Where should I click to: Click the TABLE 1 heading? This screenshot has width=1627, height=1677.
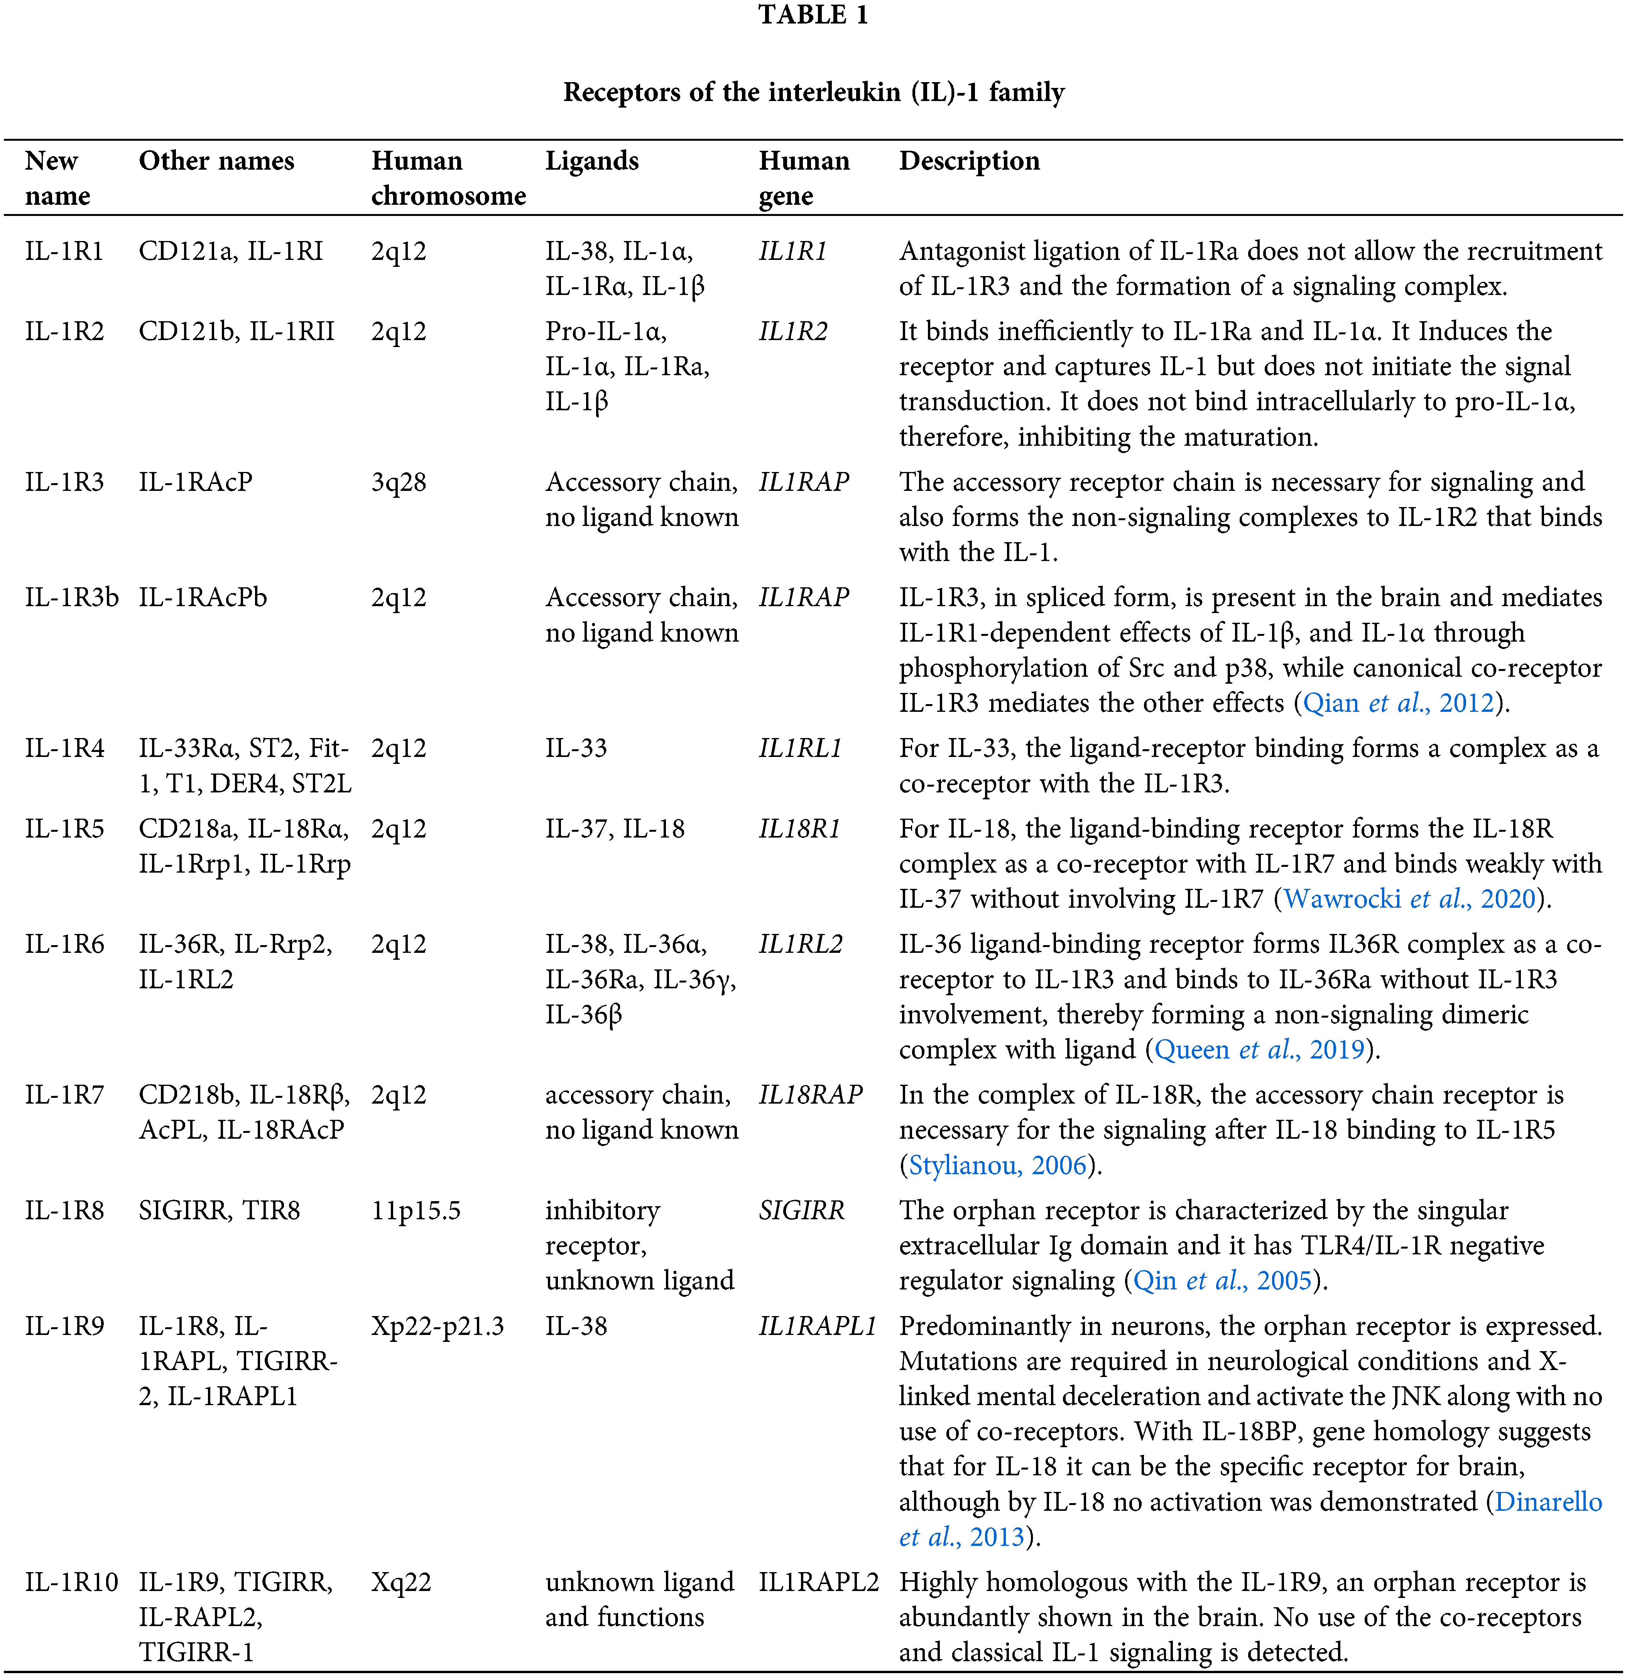click(x=813, y=15)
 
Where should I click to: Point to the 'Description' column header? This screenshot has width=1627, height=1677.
click(x=969, y=161)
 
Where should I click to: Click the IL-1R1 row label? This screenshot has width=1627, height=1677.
click(x=64, y=251)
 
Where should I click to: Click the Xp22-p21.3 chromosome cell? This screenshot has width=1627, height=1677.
click(x=438, y=1326)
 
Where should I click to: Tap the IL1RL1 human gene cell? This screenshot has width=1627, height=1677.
click(x=800, y=749)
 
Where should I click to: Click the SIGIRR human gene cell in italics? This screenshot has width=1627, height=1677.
click(x=801, y=1211)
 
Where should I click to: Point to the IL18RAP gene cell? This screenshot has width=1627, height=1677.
click(x=810, y=1095)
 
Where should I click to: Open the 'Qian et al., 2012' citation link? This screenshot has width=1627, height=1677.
click(x=1397, y=703)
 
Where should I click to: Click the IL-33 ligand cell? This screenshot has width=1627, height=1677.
click(x=576, y=749)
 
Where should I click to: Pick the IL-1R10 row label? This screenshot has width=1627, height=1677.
click(x=71, y=1582)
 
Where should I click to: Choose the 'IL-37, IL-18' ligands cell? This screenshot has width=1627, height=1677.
click(x=615, y=829)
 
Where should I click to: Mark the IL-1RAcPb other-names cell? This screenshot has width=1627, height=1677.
click(x=203, y=597)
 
